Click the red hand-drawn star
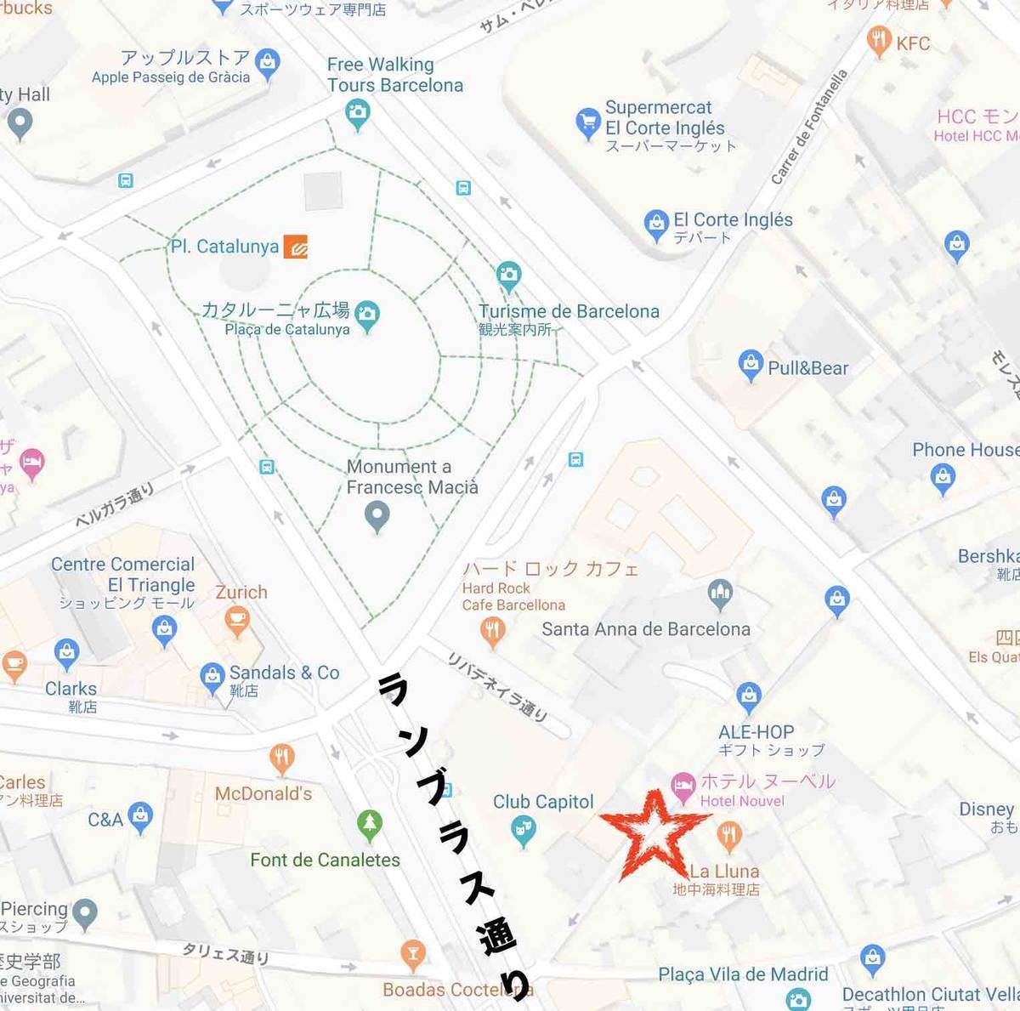(653, 836)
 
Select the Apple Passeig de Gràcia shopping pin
(268, 64)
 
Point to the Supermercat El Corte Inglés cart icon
(587, 122)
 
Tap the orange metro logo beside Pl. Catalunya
(296, 247)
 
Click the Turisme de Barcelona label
(569, 311)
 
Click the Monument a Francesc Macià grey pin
(377, 514)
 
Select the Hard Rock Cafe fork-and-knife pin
(493, 631)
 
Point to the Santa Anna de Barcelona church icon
(720, 594)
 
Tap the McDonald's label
(263, 793)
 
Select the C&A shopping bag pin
(140, 816)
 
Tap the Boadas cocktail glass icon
(413, 954)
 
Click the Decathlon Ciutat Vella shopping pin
(872, 958)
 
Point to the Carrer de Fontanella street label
(809, 128)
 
